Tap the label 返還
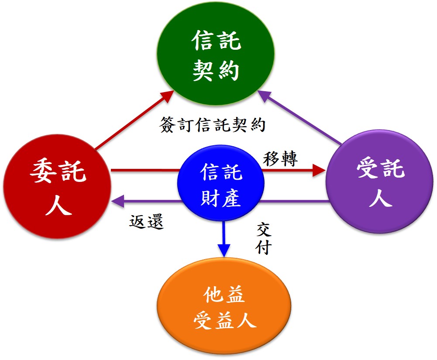pos(146,222)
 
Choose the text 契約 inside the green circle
pos(216,70)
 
